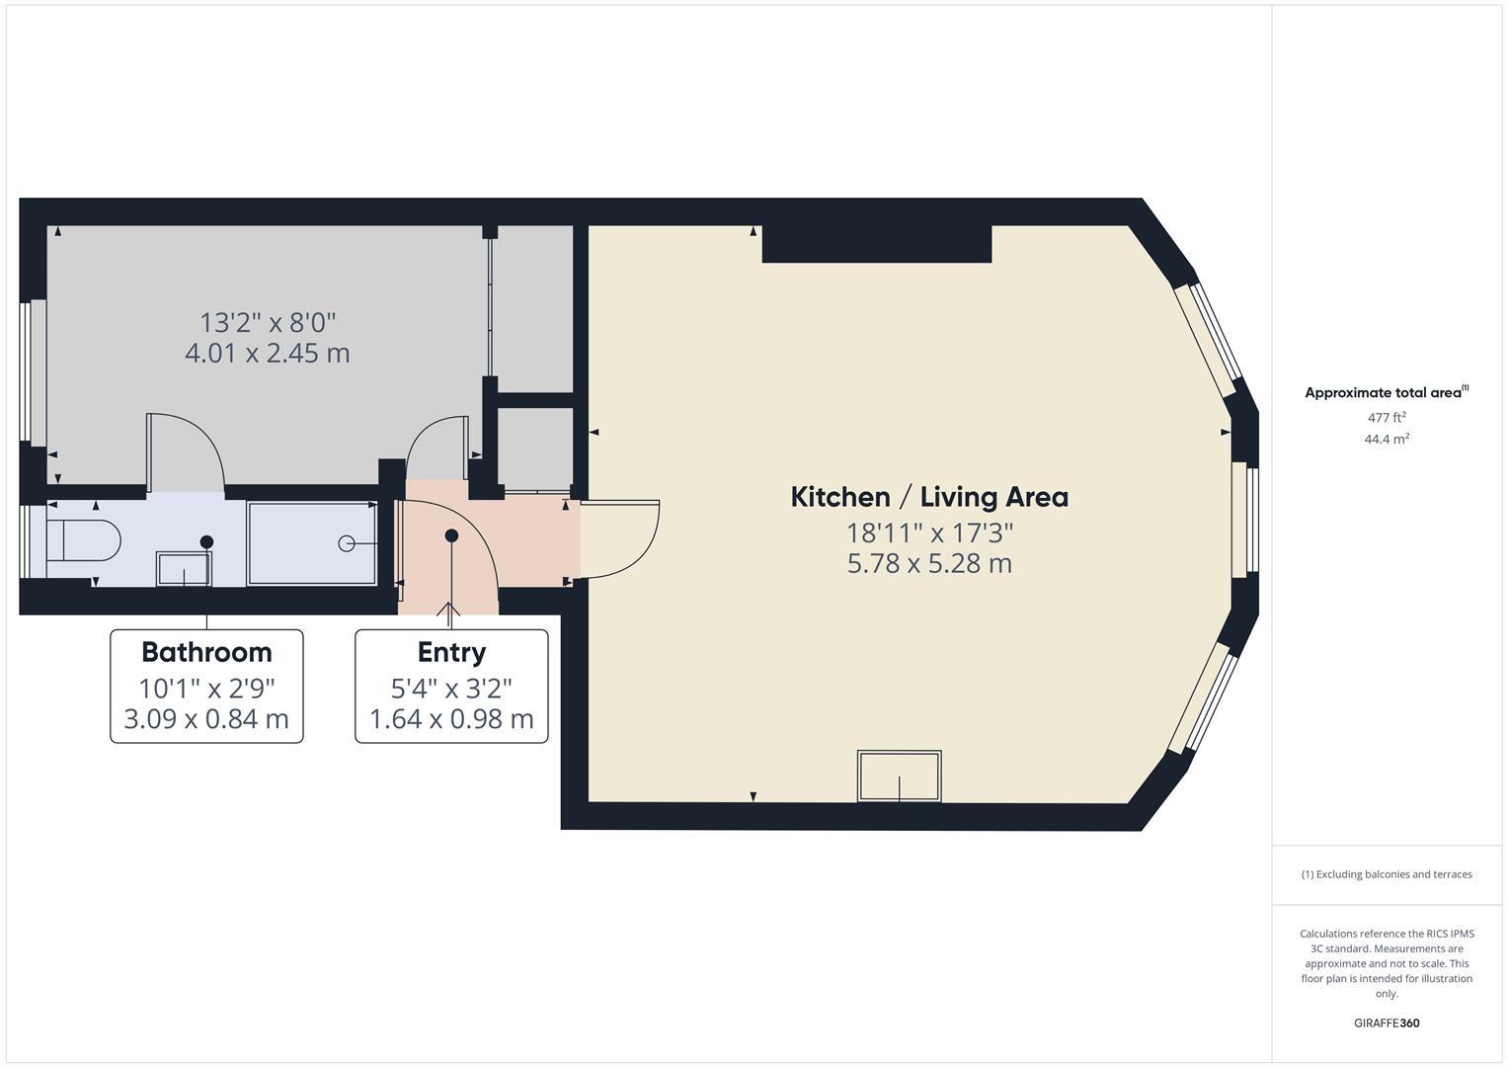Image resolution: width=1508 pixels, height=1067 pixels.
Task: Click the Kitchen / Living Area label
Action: tap(929, 497)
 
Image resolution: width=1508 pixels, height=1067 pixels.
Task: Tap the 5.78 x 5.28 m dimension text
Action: tap(929, 564)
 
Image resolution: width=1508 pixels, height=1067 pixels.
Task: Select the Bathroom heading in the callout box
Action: tap(206, 652)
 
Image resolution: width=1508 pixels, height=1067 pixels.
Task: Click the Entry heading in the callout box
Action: tap(451, 652)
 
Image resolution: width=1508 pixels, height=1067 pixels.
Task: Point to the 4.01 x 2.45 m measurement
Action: tap(268, 353)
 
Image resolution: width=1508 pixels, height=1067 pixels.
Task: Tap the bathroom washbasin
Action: tap(184, 568)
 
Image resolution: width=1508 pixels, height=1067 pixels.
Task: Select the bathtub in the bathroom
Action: tap(312, 543)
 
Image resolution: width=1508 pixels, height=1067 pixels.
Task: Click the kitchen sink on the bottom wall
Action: tap(900, 776)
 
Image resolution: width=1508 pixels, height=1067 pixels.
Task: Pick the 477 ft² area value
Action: tap(1387, 418)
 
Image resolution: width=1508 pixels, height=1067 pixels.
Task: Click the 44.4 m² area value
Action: tap(1387, 440)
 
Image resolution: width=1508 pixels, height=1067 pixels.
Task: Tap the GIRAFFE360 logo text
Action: tap(1387, 1023)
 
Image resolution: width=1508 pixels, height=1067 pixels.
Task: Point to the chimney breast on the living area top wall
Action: tap(876, 243)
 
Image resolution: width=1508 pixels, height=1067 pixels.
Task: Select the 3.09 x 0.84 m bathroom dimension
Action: tap(206, 719)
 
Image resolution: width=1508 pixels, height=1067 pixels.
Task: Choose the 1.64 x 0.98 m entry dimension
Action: tap(451, 719)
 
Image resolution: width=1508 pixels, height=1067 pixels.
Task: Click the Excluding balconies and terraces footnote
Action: tap(1387, 874)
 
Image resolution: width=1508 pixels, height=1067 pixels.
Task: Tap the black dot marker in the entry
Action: tap(451, 535)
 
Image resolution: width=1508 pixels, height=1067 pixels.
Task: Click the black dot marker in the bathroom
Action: tap(206, 541)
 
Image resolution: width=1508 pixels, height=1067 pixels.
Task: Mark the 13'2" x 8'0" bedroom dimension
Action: tap(268, 322)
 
